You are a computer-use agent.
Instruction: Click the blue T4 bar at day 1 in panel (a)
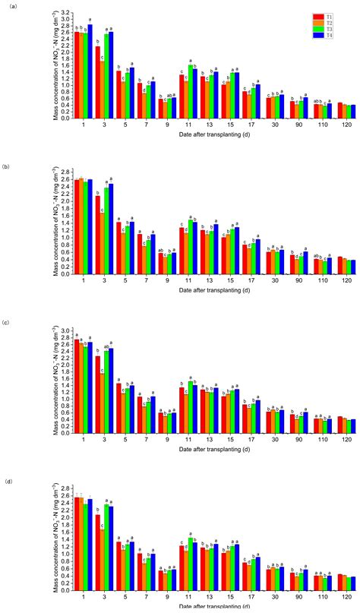click(90, 71)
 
